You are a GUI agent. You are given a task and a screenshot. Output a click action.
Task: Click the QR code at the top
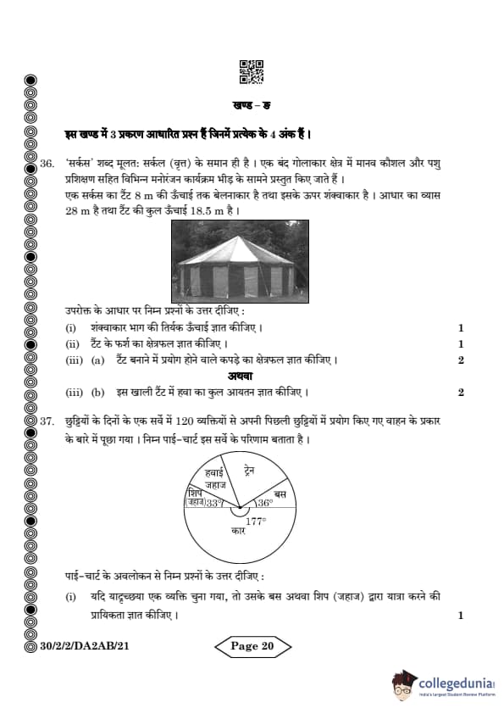(x=252, y=72)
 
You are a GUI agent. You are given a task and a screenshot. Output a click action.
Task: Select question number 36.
(x=47, y=162)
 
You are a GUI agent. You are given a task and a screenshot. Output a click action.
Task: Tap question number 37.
(x=47, y=421)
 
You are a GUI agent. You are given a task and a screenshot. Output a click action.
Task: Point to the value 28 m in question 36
(x=77, y=209)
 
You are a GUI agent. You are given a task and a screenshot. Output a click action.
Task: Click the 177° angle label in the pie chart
(x=255, y=520)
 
